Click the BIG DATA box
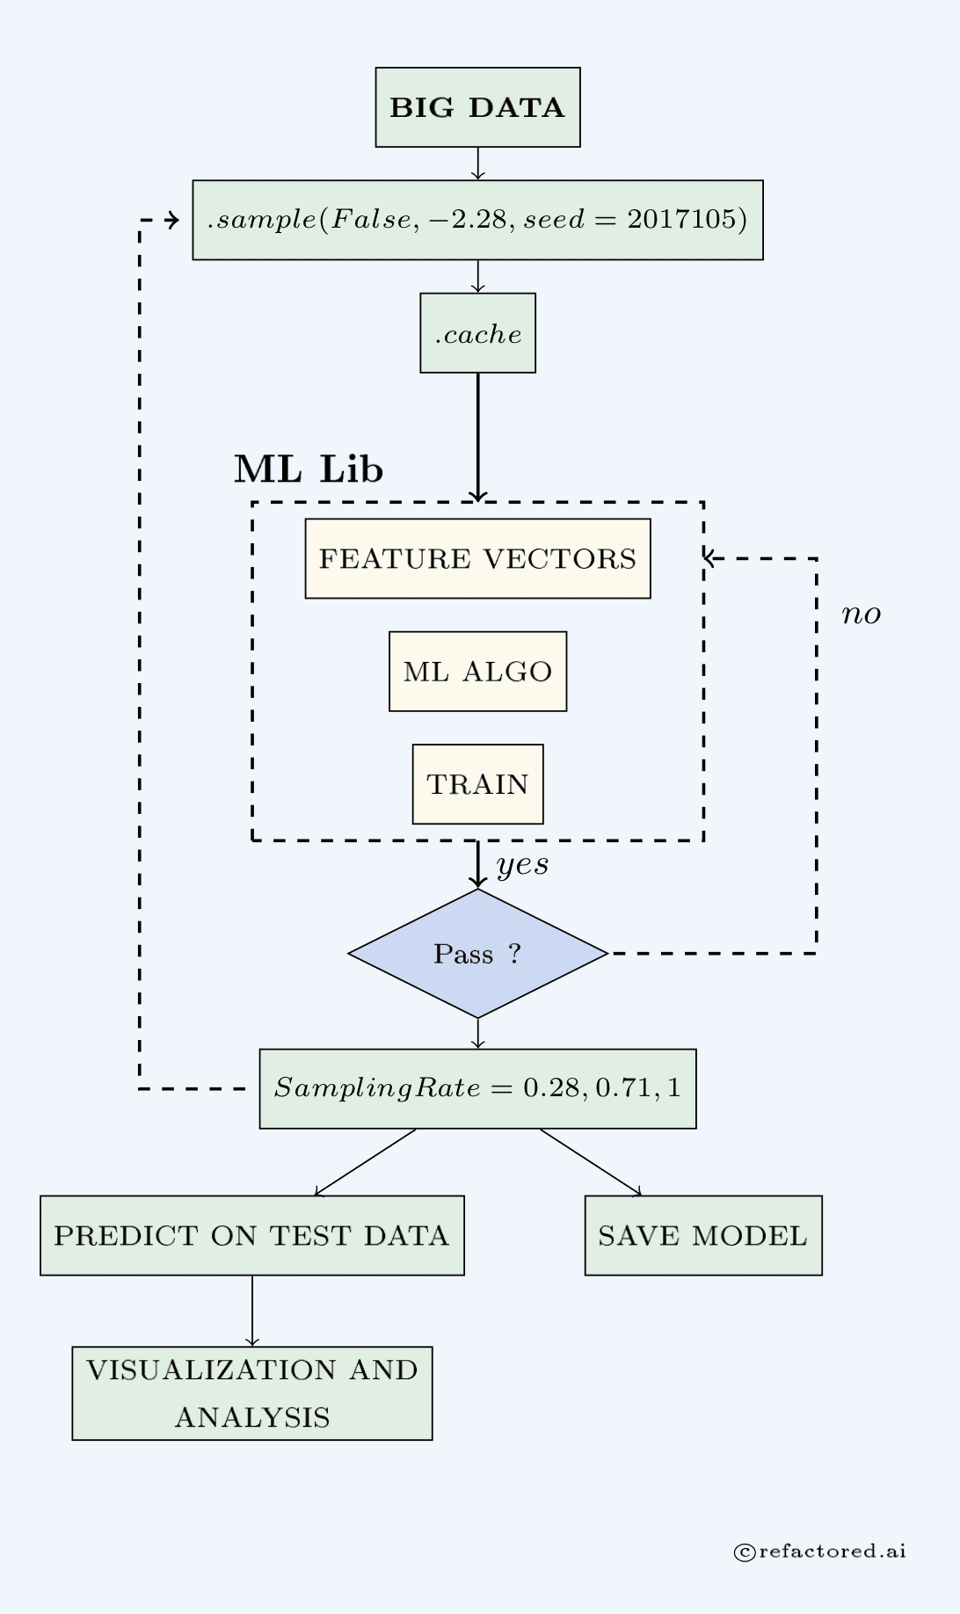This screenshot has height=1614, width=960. [477, 107]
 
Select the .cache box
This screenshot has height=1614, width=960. [477, 333]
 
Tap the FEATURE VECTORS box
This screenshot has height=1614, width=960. [477, 559]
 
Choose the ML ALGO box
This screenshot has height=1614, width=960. [477, 672]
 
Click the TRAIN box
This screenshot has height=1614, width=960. [477, 784]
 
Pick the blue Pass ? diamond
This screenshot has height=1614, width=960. [477, 954]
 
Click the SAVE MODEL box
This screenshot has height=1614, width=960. [703, 1235]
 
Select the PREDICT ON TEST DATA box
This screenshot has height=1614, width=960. [251, 1235]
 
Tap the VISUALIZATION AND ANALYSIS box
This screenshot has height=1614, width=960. [251, 1393]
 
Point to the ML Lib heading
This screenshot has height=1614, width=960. [309, 469]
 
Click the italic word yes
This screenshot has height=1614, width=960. [522, 865]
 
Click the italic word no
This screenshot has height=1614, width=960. [861, 614]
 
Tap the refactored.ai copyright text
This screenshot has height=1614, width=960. [820, 1552]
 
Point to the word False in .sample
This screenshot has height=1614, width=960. [369, 219]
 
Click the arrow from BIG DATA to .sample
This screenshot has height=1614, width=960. [477, 164]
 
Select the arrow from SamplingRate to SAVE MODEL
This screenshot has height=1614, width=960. [591, 1162]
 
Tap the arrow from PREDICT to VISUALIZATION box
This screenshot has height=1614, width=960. [252, 1311]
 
